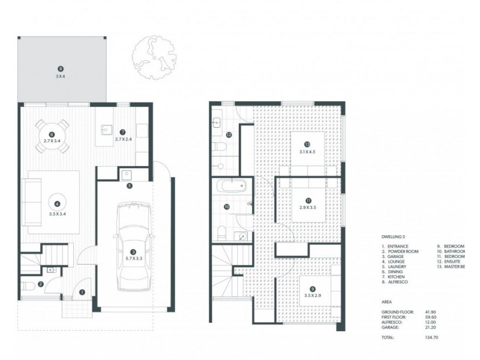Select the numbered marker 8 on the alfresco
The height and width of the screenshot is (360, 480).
click(60, 69)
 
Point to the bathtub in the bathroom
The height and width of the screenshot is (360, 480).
click(230, 185)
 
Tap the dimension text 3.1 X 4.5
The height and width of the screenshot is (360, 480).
click(307, 152)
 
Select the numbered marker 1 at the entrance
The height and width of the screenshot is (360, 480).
click(82, 292)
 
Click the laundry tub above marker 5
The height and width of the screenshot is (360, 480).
click(127, 175)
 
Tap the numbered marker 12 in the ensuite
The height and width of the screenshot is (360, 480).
click(229, 135)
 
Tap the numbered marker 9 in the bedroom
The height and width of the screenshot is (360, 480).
click(306, 289)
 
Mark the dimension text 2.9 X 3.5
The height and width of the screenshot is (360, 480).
click(307, 208)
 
